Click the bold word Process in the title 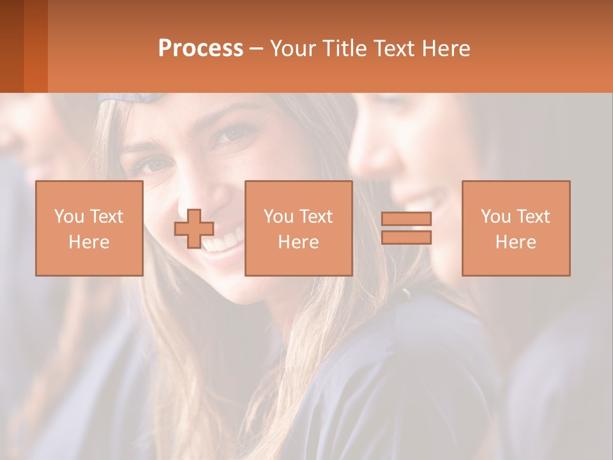tap(201, 49)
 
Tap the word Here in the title tap(446, 49)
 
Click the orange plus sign tap(194, 229)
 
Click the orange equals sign tap(406, 228)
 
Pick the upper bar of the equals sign tap(406, 219)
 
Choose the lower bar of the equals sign tap(406, 238)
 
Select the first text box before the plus tap(89, 228)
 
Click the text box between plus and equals tap(298, 228)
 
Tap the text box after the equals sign tap(516, 228)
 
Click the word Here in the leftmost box tap(89, 242)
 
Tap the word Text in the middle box tap(316, 217)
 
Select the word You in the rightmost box tap(496, 217)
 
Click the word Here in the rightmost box tap(516, 242)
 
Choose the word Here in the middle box tap(298, 242)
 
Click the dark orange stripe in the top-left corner tap(11, 46)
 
